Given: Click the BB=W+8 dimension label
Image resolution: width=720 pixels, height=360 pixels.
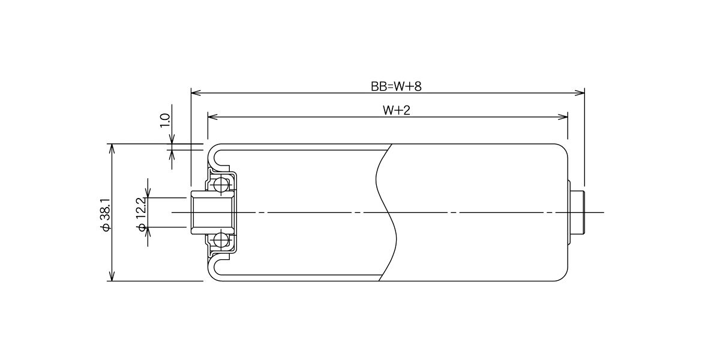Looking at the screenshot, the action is tap(396, 86).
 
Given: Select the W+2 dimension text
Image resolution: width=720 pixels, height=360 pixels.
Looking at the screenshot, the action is tap(397, 110).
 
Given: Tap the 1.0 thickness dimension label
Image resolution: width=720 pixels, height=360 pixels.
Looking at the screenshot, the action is tap(165, 120).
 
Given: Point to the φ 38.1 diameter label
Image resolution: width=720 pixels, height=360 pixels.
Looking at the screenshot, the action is tap(106, 215).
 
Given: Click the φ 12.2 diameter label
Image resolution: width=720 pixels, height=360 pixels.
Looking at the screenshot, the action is tap(142, 214).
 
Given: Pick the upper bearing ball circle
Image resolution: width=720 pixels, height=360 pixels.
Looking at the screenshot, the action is tap(221, 185).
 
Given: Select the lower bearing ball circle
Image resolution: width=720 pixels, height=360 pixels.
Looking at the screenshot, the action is tap(221, 240).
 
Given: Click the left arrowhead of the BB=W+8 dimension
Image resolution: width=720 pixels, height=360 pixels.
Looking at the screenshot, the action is tap(196, 93).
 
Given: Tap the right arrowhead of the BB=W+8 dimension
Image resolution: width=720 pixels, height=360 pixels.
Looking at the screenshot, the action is tap(580, 93).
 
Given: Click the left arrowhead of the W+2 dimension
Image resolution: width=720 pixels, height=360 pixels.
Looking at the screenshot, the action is tap(212, 116).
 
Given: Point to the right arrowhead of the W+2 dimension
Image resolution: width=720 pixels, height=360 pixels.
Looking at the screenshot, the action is tap(563, 116).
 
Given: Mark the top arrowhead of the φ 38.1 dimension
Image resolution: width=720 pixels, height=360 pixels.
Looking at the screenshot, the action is tap(112, 149).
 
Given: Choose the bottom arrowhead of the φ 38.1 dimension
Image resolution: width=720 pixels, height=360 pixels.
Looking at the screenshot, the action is tap(112, 276).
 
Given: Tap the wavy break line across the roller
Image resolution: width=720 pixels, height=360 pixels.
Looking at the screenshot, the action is tap(386, 212).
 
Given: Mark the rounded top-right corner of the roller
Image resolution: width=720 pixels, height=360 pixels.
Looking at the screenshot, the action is tap(565, 148).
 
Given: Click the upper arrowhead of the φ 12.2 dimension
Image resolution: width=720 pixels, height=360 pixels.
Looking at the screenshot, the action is tap(148, 193).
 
